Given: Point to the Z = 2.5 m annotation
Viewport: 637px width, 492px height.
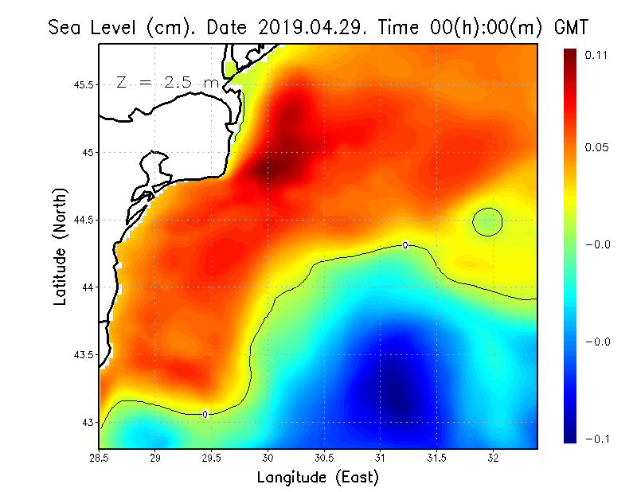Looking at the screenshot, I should [166, 82].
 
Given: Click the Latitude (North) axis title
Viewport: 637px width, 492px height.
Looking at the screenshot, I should [61, 245].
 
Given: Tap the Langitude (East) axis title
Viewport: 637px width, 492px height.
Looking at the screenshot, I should [318, 478].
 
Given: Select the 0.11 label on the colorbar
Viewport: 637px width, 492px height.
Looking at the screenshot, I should [597, 55].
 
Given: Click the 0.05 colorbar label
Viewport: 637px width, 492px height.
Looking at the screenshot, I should [597, 147].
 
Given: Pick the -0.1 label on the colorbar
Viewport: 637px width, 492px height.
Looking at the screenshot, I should [597, 439].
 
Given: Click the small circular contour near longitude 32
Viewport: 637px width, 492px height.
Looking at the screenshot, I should [487, 222].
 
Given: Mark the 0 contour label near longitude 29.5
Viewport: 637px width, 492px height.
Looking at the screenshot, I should [205, 414].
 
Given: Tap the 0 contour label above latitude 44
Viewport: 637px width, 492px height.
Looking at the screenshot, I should [405, 245].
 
